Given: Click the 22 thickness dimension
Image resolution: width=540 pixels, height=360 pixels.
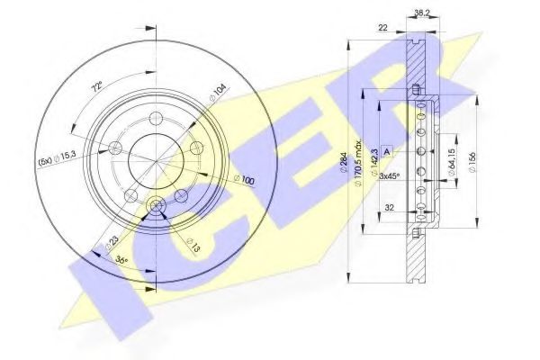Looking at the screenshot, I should (x=382, y=29).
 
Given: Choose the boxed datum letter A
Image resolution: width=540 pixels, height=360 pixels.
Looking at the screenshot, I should (x=386, y=150).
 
